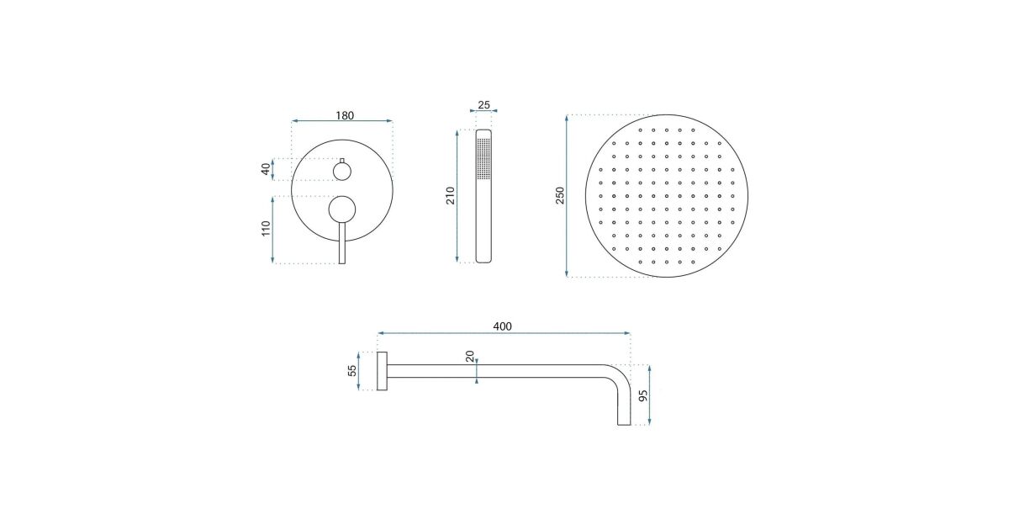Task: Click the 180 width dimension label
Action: pyautogui.click(x=345, y=116)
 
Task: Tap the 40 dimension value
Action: pyautogui.click(x=266, y=169)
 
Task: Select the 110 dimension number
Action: pyautogui.click(x=266, y=229)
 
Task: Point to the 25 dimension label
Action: pyautogui.click(x=483, y=105)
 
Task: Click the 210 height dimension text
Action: pyautogui.click(x=451, y=195)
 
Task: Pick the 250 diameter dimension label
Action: pyautogui.click(x=559, y=195)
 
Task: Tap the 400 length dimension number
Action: pyautogui.click(x=502, y=326)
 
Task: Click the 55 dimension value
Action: pyautogui.click(x=352, y=370)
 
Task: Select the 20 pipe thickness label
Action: pyautogui.click(x=470, y=356)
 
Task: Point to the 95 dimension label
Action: pyautogui.click(x=643, y=395)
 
